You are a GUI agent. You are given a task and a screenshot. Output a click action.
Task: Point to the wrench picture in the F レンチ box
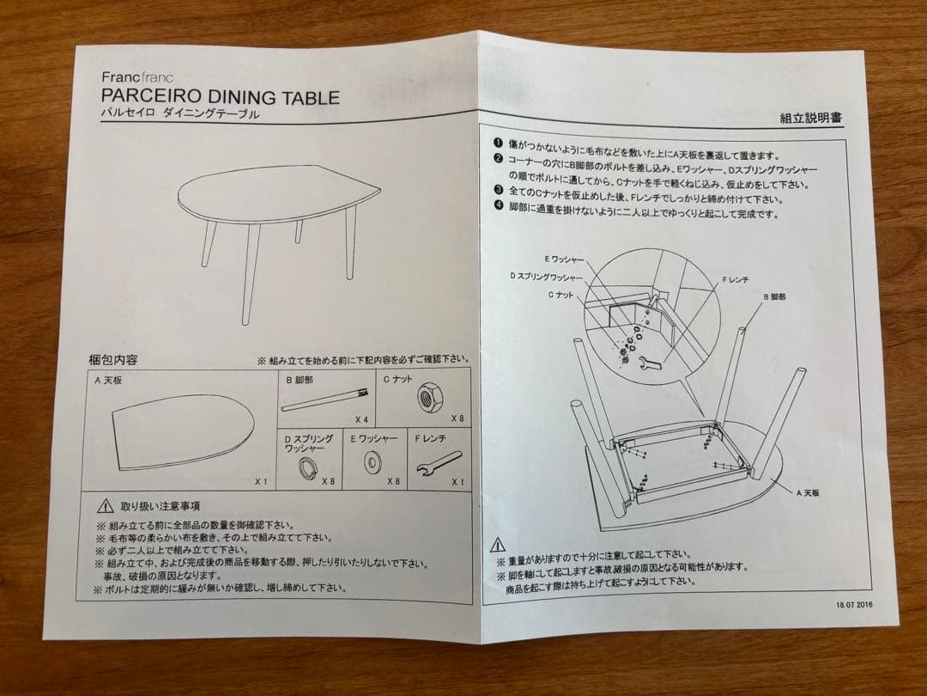pyautogui.click(x=439, y=463)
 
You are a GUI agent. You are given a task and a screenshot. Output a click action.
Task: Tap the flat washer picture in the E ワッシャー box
pyautogui.click(x=374, y=464)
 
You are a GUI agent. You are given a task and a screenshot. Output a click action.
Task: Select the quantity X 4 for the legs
pyautogui.click(x=362, y=418)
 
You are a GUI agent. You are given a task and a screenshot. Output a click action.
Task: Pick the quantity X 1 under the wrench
pyautogui.click(x=457, y=482)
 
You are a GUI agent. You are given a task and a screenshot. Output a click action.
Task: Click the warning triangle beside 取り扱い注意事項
pyautogui.click(x=105, y=506)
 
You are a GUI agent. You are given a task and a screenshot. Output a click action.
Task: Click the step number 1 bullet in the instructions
pyautogui.click(x=497, y=143)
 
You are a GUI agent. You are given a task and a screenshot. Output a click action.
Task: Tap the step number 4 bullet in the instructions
pyautogui.click(x=497, y=205)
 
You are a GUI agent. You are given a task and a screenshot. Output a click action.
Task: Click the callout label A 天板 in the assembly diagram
pyautogui.click(x=810, y=493)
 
